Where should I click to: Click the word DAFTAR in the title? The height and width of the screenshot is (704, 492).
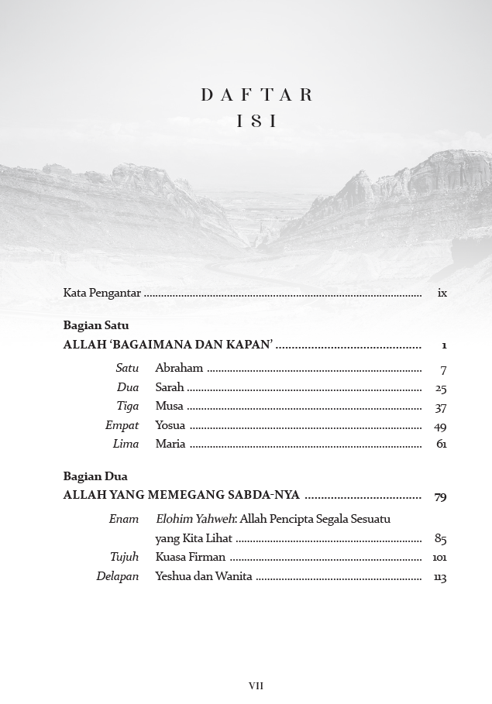(x=256, y=95)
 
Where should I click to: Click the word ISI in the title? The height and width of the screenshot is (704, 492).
(x=256, y=122)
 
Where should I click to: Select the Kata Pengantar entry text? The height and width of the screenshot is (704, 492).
(x=101, y=293)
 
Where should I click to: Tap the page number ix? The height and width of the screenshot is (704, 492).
(x=442, y=293)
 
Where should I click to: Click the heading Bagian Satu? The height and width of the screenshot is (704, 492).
(x=96, y=325)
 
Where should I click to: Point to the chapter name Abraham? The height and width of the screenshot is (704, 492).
(x=179, y=368)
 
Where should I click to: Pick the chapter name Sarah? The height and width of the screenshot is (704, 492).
(x=170, y=387)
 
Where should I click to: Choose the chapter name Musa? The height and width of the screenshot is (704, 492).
(x=170, y=406)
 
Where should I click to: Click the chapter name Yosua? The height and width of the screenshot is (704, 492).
(x=170, y=425)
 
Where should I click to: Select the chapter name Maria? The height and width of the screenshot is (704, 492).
(x=170, y=444)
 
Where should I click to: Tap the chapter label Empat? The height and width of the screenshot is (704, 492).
(x=122, y=425)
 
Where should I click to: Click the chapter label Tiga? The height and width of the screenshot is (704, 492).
(x=128, y=406)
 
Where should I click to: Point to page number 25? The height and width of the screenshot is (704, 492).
(x=441, y=388)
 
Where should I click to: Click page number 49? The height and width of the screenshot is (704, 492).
(x=441, y=426)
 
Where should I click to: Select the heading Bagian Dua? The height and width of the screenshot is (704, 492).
(x=95, y=476)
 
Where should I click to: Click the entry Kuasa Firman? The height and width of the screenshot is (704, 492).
(x=191, y=557)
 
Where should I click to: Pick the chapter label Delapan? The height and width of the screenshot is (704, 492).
(x=118, y=576)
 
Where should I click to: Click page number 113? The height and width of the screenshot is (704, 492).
(x=440, y=576)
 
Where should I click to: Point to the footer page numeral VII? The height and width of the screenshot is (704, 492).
(x=256, y=685)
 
